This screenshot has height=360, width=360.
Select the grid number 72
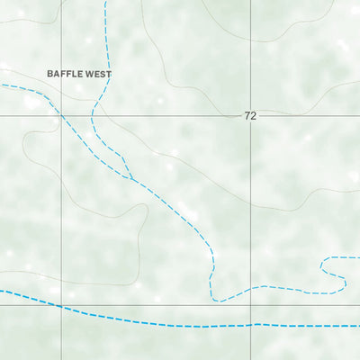(249, 117)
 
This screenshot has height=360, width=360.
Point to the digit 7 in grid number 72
(246, 117)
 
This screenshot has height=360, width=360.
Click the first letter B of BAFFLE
(50, 74)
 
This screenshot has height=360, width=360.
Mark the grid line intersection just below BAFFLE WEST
(61, 116)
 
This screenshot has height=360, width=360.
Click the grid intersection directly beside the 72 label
(251, 116)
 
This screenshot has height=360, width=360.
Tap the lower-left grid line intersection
(61, 305)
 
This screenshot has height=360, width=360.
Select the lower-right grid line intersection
(251, 305)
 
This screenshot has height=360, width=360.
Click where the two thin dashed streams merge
(132, 178)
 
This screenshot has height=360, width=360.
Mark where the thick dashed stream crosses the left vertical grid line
(61, 307)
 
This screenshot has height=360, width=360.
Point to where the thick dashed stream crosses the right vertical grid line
(251, 324)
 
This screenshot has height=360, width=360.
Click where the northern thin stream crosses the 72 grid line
(92, 116)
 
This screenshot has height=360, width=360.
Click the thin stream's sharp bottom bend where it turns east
(212, 297)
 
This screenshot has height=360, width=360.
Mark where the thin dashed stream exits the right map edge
(358, 257)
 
